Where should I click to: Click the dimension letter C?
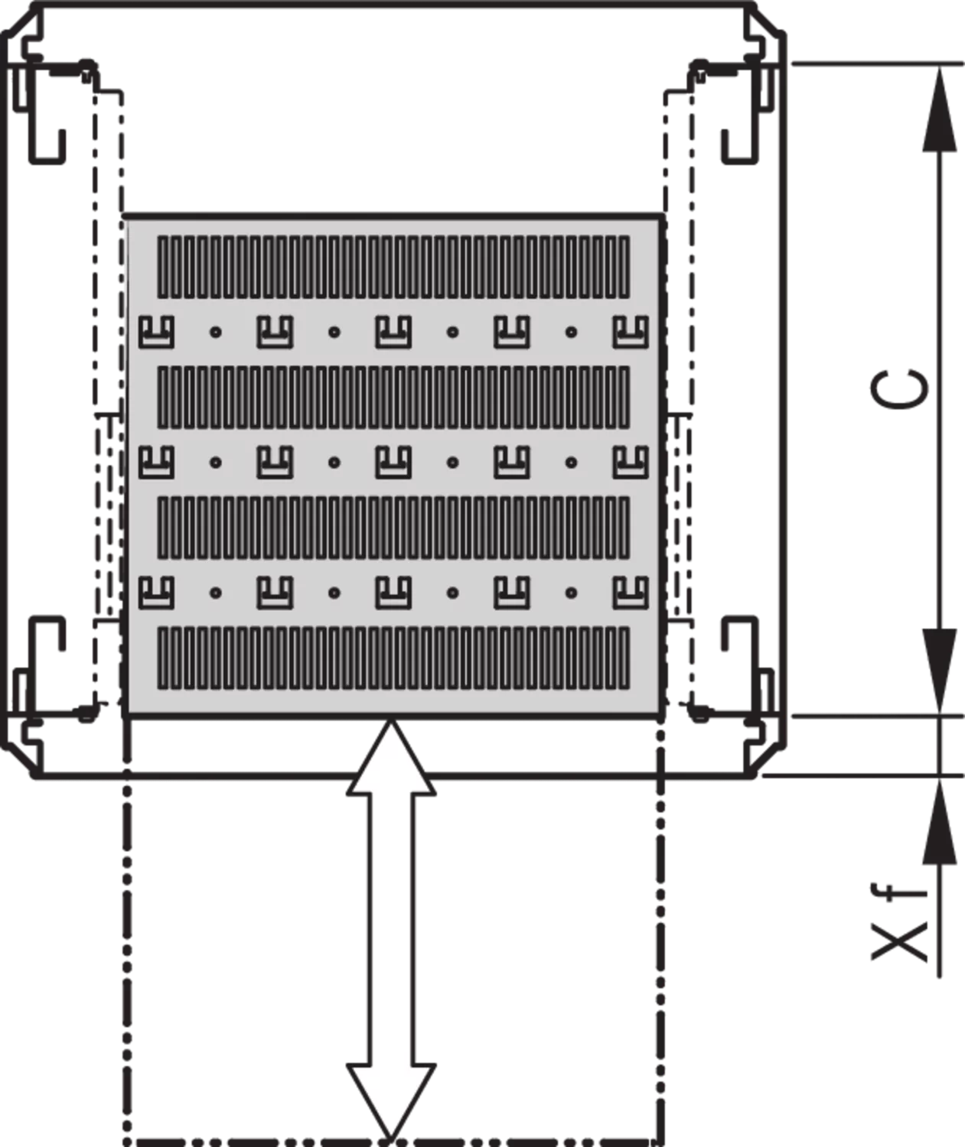[899, 389]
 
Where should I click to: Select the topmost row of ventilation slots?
[393, 267]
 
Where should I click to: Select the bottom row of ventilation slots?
[393, 658]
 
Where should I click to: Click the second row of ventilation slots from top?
[393, 397]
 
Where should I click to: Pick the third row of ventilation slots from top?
[393, 528]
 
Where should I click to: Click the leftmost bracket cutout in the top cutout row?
[156, 332]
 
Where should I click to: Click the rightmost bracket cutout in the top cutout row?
[631, 332]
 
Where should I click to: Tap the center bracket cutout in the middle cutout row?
[393, 462]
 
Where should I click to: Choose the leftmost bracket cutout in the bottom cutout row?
[156, 593]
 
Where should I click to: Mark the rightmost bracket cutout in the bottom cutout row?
[631, 593]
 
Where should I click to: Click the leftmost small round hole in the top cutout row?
[216, 332]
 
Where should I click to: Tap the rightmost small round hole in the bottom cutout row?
[572, 593]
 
